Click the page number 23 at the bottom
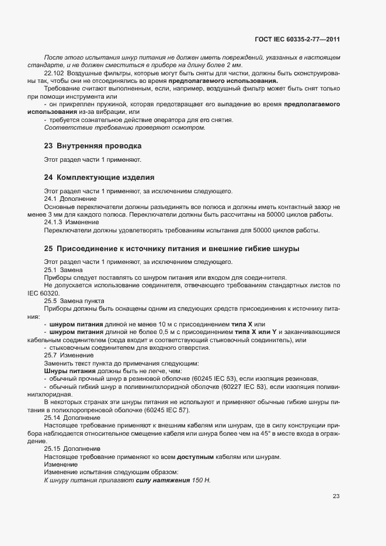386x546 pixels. pos(336,496)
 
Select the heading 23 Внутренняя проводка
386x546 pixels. pos(92,145)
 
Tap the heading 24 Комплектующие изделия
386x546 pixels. pos(99,176)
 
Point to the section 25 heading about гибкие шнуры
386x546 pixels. pos(172,248)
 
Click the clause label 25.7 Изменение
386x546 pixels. pos(67,355)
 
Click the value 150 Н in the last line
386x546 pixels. pos(200,480)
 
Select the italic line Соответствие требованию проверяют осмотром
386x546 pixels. pos(124,127)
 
